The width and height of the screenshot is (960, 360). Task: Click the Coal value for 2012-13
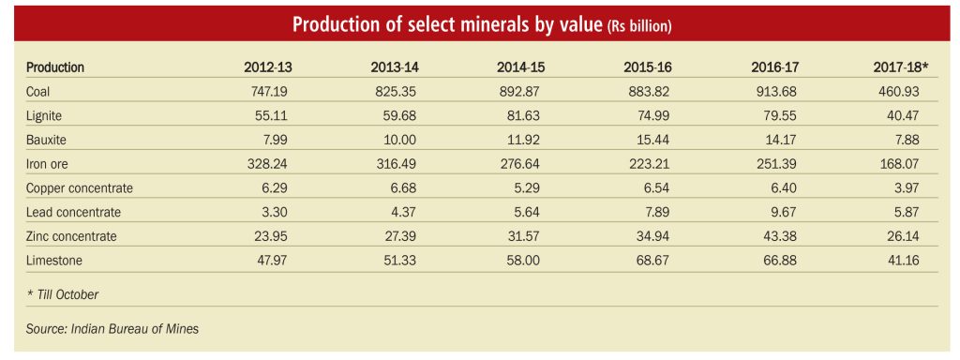click(x=270, y=92)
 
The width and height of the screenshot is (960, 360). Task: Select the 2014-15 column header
click(x=520, y=67)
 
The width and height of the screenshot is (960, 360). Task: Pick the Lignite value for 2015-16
click(x=652, y=115)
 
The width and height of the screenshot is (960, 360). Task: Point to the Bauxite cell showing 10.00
click(x=399, y=141)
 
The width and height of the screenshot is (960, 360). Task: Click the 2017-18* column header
click(x=901, y=67)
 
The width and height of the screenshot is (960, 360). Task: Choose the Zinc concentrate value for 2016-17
click(x=779, y=236)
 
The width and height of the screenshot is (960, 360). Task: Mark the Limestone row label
click(x=53, y=261)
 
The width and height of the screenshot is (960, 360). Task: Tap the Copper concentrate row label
click(x=79, y=188)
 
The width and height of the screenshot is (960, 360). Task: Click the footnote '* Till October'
click(x=62, y=294)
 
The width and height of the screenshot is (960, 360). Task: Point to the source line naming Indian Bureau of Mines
click(x=112, y=329)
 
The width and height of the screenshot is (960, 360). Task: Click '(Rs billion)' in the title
click(x=639, y=27)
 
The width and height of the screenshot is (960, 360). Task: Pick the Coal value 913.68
click(x=778, y=92)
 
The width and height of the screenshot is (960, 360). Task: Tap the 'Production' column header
click(x=55, y=67)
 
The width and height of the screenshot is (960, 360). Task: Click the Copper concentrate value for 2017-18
click(x=907, y=188)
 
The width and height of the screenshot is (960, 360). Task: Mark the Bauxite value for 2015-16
click(x=653, y=141)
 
